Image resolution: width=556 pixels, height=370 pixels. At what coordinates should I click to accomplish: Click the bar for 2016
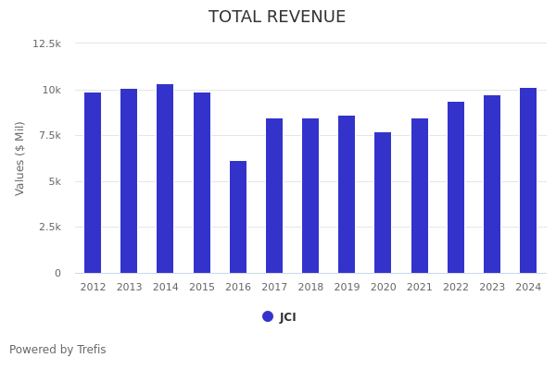click(x=238, y=217)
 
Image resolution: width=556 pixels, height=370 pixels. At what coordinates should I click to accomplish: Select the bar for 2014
click(x=165, y=179)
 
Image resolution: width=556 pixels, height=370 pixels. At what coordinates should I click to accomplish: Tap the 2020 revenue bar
click(x=383, y=203)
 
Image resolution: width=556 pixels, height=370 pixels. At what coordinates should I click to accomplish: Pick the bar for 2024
click(x=528, y=180)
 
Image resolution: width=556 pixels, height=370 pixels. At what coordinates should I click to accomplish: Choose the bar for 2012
click(x=93, y=182)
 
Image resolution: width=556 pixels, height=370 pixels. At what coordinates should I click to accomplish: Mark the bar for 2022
click(x=456, y=187)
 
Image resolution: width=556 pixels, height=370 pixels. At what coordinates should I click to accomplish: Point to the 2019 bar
click(x=347, y=194)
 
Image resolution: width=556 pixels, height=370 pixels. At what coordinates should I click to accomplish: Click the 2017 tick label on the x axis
click(x=274, y=288)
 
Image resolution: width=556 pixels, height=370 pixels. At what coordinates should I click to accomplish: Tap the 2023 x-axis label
click(x=492, y=288)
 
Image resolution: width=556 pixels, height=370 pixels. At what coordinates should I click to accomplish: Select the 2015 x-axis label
click(x=202, y=288)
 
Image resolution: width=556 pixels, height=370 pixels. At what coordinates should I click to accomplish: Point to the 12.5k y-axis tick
click(x=47, y=43)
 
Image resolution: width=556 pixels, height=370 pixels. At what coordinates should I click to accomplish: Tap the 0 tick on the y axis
click(x=57, y=274)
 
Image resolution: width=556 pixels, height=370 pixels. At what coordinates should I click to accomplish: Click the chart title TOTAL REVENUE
click(x=277, y=18)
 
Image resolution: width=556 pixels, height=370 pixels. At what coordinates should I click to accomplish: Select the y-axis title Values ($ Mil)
click(x=20, y=158)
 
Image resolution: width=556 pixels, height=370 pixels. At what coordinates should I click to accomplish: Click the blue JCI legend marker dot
click(x=268, y=316)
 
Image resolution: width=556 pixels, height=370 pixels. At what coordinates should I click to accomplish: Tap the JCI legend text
click(x=288, y=317)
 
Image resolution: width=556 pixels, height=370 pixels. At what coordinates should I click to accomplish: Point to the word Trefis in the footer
click(x=91, y=350)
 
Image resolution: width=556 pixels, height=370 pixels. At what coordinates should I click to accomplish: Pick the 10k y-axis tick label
click(x=51, y=90)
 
